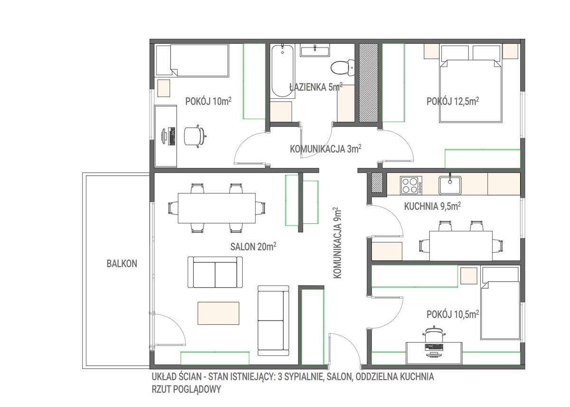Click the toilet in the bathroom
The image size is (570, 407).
click(342, 67)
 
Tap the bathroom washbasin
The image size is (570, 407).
click(315, 50)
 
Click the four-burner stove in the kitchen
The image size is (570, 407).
click(411, 185)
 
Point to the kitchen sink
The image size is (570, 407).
click(450, 185)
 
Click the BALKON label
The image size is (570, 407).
click(122, 264)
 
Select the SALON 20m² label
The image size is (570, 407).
click(253, 246)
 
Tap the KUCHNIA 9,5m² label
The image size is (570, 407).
click(432, 206)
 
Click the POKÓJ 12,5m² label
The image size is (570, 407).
click(453, 101)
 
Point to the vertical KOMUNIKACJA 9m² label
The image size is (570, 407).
click(337, 243)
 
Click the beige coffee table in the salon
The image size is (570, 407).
click(218, 313)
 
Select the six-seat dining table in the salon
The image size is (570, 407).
click(217, 208)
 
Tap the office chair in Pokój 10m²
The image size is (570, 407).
click(195, 136)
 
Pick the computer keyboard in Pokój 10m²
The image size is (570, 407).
click(172, 136)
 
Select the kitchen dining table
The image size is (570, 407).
click(461, 246)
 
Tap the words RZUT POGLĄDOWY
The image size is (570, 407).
click(186, 389)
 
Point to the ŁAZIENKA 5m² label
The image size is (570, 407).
click(316, 87)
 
